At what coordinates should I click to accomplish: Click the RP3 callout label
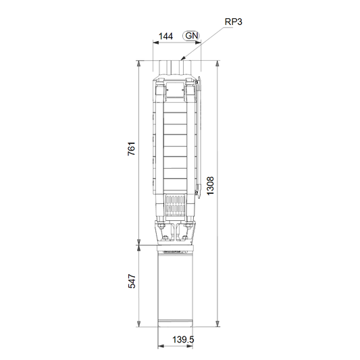click(x=233, y=22)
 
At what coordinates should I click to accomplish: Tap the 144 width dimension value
click(x=165, y=36)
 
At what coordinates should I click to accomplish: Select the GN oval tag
click(x=191, y=36)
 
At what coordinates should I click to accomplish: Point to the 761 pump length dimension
click(x=132, y=149)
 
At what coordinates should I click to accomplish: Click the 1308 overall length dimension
click(x=210, y=186)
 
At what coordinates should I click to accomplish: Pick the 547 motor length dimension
click(x=132, y=281)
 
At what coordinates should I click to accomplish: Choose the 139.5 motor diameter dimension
click(x=183, y=339)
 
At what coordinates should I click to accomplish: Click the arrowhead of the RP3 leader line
click(x=183, y=59)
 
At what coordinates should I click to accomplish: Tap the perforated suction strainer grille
click(x=176, y=206)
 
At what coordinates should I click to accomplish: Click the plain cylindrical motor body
click(x=175, y=289)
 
